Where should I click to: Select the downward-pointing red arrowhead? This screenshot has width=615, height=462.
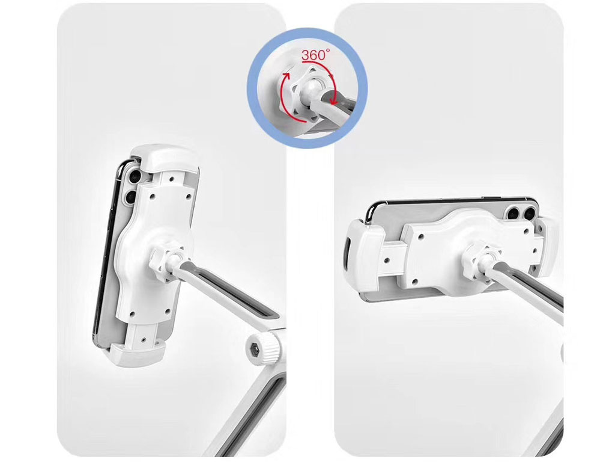[333, 101]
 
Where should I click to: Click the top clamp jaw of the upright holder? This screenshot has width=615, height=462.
[165, 158]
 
